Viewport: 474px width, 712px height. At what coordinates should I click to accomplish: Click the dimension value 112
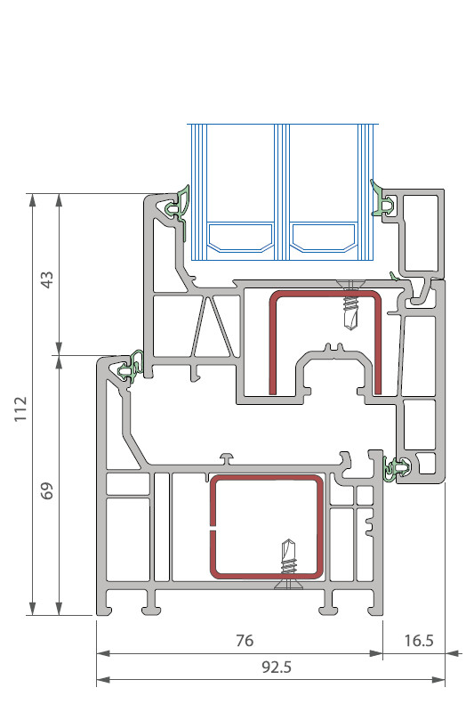pyautogui.click(x=20, y=409)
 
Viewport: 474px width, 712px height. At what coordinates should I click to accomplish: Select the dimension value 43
pyautogui.click(x=47, y=279)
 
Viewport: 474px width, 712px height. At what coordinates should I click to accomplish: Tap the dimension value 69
pyautogui.click(x=47, y=491)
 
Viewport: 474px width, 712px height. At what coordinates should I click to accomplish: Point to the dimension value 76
pyautogui.click(x=245, y=640)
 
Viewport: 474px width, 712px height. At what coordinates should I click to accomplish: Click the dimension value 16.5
pyautogui.click(x=419, y=640)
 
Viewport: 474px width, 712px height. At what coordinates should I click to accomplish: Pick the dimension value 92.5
pyautogui.click(x=277, y=667)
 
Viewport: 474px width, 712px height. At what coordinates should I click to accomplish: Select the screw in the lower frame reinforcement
pyautogui.click(x=288, y=564)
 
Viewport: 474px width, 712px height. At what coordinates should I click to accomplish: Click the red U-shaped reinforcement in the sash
pyautogui.click(x=272, y=345)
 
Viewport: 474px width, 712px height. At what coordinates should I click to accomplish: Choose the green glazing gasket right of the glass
pyautogui.click(x=383, y=201)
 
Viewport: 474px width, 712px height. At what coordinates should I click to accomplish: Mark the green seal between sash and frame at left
pyautogui.click(x=132, y=367)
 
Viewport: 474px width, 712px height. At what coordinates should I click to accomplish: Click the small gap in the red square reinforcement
pyautogui.click(x=213, y=530)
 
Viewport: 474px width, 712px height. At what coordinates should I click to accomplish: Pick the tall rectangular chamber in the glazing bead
pyautogui.click(x=421, y=233)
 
